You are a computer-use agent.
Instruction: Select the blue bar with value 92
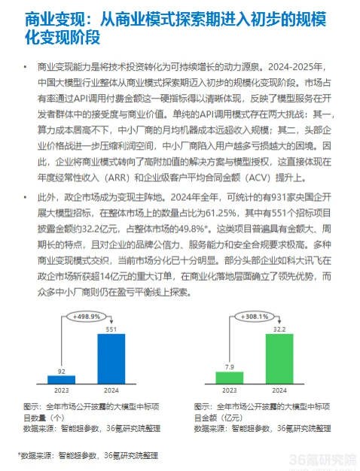[63, 378]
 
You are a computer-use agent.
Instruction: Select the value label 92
[63, 370]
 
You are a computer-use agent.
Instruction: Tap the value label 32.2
[278, 329]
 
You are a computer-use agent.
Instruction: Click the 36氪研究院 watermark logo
[316, 458]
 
